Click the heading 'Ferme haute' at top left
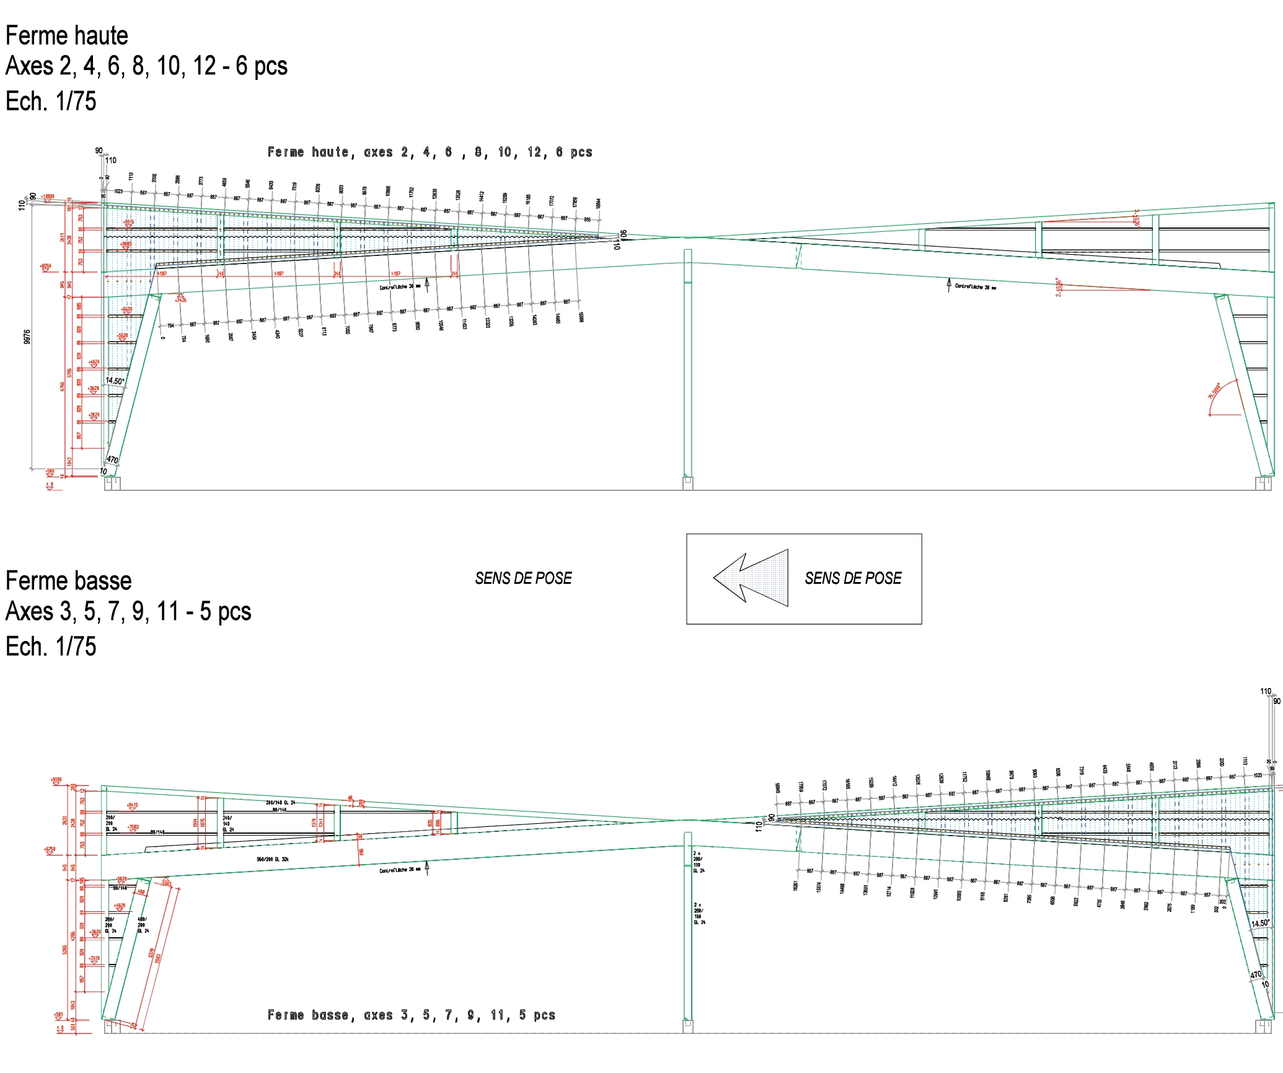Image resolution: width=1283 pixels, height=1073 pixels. click(67, 36)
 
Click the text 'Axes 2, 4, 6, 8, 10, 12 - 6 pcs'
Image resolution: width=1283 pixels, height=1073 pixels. click(146, 66)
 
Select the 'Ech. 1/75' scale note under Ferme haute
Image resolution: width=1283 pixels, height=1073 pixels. click(51, 101)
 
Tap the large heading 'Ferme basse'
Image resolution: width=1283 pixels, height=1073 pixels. click(68, 581)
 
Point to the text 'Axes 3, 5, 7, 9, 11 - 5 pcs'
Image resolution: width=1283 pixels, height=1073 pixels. click(128, 612)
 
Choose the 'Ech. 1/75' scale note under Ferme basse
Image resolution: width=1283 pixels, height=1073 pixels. click(51, 647)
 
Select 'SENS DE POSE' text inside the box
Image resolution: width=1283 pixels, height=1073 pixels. click(853, 578)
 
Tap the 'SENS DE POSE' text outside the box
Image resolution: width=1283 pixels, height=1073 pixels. click(523, 578)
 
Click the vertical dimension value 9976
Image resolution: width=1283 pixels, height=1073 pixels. click(27, 337)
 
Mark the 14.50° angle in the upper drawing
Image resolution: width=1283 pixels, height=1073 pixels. click(115, 381)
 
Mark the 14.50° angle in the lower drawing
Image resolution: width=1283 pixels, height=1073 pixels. click(1260, 923)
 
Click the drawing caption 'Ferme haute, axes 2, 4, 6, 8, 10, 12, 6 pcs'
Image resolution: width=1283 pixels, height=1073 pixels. click(430, 152)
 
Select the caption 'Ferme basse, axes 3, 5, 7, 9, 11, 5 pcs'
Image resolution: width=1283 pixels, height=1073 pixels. click(411, 1015)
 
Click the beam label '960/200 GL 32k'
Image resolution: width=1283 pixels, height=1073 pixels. click(273, 860)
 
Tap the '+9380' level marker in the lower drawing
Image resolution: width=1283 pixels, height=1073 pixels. click(56, 780)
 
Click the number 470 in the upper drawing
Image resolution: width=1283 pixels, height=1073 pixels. click(112, 460)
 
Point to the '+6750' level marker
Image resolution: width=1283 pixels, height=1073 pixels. click(50, 849)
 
